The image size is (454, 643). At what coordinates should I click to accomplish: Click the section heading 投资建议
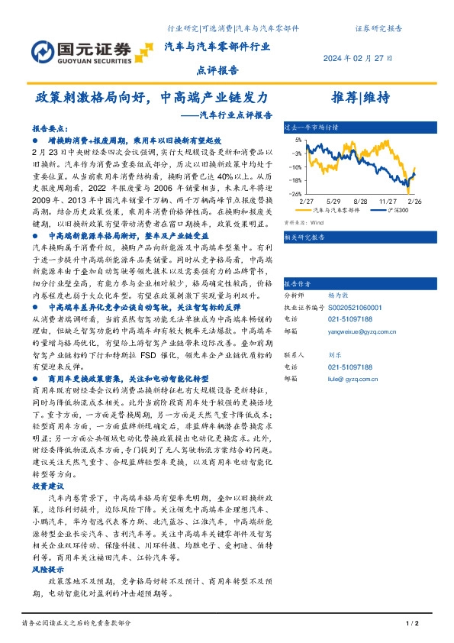point(43,486)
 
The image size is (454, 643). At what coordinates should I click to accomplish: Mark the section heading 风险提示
point(43,570)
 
